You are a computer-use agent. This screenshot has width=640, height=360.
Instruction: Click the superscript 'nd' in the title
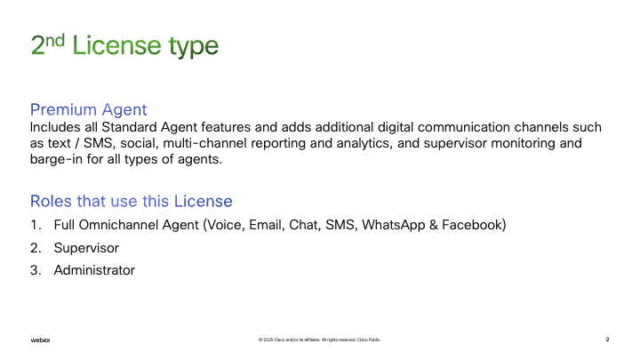pos(55,41)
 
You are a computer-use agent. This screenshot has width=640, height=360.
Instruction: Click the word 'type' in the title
pos(194,46)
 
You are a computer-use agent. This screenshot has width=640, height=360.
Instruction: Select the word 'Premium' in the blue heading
pos(63,109)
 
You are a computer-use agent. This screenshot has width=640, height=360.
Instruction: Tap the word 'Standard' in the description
pos(129,127)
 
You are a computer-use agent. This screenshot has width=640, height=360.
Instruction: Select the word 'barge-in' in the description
pos(56,159)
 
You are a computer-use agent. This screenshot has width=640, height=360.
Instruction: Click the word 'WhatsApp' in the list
pos(394,225)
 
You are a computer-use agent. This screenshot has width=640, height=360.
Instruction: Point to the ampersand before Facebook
pos(434,225)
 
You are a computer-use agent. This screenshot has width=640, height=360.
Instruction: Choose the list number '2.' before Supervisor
pos(36,248)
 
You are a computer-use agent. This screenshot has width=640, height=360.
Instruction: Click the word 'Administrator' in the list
pos(94,270)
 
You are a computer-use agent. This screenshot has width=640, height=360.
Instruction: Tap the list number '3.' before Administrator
pos(36,270)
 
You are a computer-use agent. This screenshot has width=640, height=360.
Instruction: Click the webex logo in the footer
pos(40,340)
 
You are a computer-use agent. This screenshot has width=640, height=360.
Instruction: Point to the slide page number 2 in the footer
pos(607,340)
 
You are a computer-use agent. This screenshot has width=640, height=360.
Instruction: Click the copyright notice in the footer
pos(320,340)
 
